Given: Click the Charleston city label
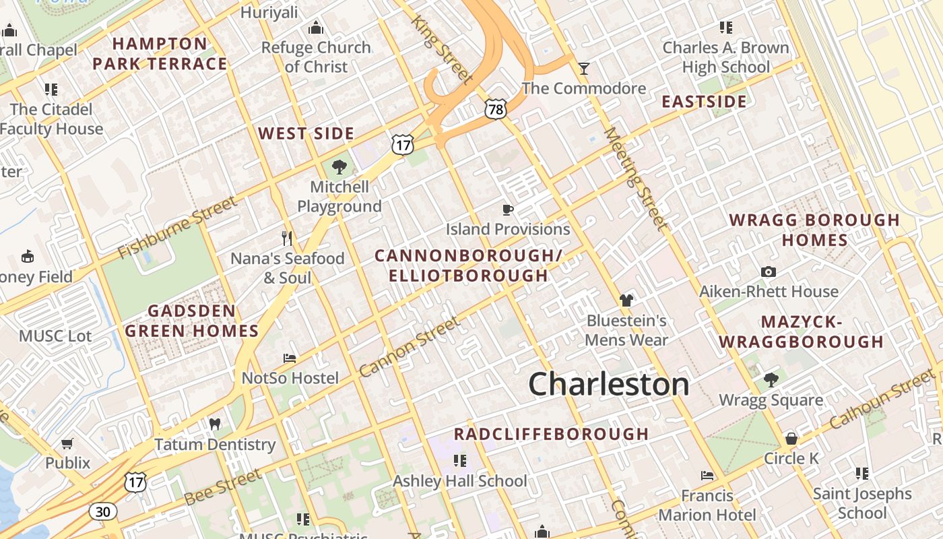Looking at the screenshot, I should click(x=609, y=385).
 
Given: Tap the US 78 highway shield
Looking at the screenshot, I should click(x=495, y=109).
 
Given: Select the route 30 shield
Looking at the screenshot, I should click(x=102, y=511).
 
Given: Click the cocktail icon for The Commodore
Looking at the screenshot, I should click(x=583, y=68).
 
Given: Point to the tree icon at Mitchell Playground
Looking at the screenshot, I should click(x=339, y=166).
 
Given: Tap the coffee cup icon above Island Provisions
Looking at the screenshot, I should click(x=508, y=210).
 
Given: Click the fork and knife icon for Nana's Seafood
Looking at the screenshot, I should click(x=287, y=238).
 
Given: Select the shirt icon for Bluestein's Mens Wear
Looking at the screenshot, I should click(x=626, y=300).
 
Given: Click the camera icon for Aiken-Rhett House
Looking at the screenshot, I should click(x=769, y=272).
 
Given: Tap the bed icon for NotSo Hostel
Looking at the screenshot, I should click(x=290, y=358).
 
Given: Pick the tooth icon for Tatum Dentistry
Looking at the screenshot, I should click(x=215, y=424).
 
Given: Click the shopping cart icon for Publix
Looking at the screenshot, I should click(x=67, y=443).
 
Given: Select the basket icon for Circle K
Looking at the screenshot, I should click(x=791, y=439).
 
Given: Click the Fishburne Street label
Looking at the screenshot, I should click(x=178, y=227).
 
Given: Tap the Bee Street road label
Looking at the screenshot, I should click(x=222, y=487).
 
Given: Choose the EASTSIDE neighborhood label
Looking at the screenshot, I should click(x=704, y=102).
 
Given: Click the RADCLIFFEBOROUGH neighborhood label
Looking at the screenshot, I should click(x=551, y=434).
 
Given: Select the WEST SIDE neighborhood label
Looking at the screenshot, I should click(x=306, y=133).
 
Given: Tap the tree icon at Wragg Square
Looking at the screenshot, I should click(x=771, y=380).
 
